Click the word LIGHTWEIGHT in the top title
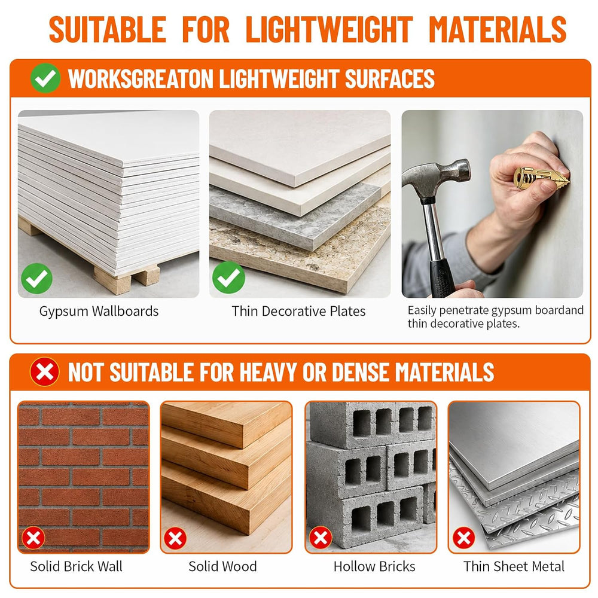coord(329,29)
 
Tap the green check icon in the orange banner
coord(45,78)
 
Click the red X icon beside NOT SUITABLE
coord(45,372)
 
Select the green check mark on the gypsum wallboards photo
coord(36,279)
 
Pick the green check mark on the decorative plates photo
coord(228,277)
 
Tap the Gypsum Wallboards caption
coord(99,311)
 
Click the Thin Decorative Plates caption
coord(298,311)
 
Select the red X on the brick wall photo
coord(33,538)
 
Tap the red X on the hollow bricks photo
coord(321,538)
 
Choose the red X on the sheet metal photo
coord(464,538)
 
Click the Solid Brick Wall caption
coord(77,566)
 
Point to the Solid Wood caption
coord(222,566)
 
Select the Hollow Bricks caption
coord(374,566)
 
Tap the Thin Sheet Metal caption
coord(514,566)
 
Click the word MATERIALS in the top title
coord(498,29)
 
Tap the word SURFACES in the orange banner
coord(390,79)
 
